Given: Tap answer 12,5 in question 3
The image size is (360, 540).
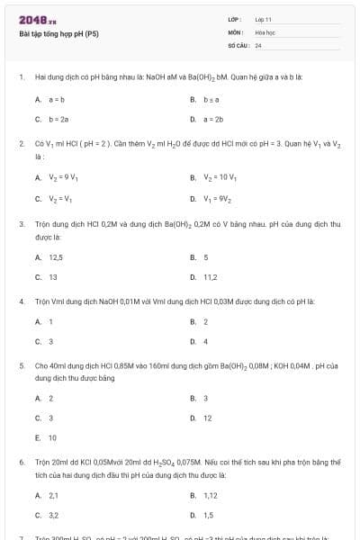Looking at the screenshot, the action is point(55,257).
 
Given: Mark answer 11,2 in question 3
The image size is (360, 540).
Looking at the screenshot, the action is point(210,277).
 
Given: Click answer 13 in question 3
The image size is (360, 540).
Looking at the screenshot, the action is point(53,277).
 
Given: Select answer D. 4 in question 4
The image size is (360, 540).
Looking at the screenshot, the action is point(205,341).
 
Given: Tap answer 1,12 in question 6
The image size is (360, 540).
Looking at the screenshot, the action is point(211,495).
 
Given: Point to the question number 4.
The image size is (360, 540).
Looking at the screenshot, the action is point(21,301).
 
